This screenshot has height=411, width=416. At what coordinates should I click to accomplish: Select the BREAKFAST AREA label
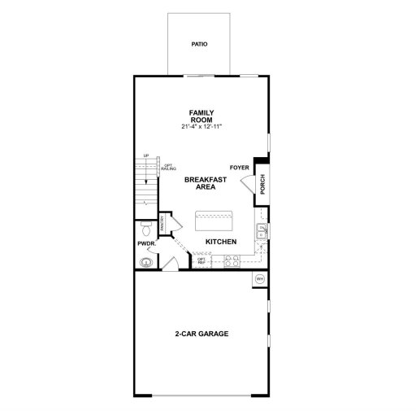[200, 182]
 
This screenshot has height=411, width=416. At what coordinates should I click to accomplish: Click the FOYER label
[239, 168]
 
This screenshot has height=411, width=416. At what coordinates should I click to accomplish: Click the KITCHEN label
[220, 243]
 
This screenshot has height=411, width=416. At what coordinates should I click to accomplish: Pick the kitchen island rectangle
[214, 220]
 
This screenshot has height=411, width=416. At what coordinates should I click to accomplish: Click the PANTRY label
[163, 223]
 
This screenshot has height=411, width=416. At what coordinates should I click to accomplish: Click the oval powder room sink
[146, 262]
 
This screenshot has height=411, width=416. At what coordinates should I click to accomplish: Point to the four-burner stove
[230, 262]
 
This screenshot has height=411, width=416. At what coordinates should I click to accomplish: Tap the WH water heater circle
[260, 279]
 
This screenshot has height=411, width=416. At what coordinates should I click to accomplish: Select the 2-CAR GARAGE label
[201, 334]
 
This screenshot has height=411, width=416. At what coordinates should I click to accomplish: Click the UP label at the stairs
[145, 155]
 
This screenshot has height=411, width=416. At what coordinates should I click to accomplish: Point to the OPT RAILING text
[168, 168]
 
